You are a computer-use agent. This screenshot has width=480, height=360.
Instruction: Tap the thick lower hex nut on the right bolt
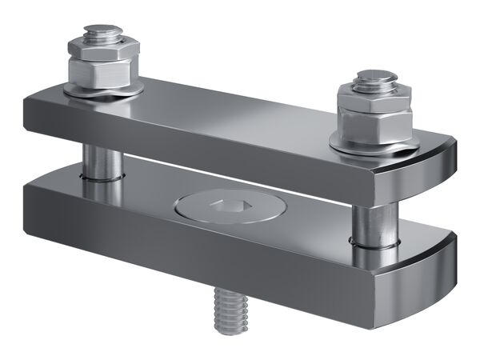(x=374, y=120)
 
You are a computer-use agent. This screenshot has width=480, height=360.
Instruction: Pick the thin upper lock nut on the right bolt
(x=370, y=94)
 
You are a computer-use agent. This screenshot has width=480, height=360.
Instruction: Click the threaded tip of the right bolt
(x=376, y=78)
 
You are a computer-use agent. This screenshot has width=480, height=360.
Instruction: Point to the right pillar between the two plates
(x=374, y=219)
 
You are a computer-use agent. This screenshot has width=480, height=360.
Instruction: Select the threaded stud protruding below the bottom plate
(x=232, y=309)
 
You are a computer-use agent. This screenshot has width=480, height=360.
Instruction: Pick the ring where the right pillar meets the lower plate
(x=376, y=242)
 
